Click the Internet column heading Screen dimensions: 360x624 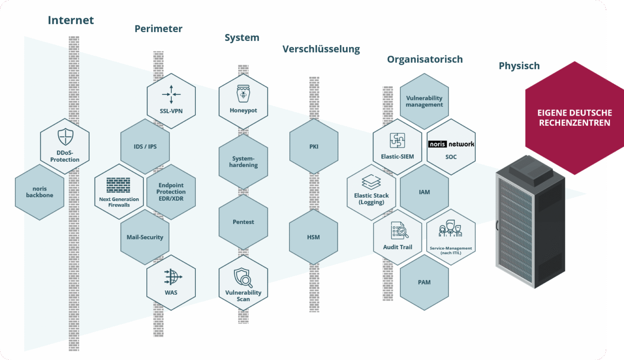(71, 20)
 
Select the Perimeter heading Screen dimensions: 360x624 (158, 29)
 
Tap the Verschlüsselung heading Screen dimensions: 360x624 (321, 49)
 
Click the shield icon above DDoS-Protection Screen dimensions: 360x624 (65, 137)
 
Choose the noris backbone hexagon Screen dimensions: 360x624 (39, 192)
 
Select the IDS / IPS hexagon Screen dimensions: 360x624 (145, 146)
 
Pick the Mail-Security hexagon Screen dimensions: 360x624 (145, 237)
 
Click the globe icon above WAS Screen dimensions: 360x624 (171, 277)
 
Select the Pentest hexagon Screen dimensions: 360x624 (243, 222)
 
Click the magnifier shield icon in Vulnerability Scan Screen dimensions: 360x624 (243, 277)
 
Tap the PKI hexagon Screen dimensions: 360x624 (314, 146)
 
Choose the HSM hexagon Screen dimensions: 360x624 (313, 237)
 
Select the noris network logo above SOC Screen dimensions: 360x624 (451, 144)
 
